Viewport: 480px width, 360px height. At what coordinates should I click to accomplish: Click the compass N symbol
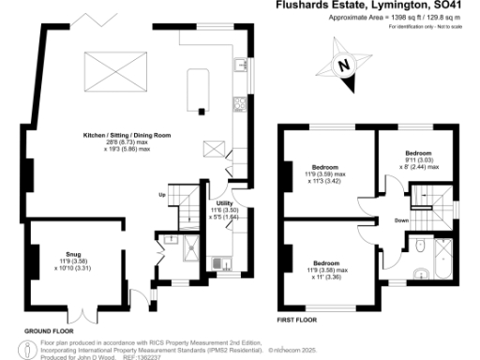pyautogui.click(x=343, y=66)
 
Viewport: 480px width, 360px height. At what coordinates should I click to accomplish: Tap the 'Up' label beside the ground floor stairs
pyautogui.click(x=161, y=194)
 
